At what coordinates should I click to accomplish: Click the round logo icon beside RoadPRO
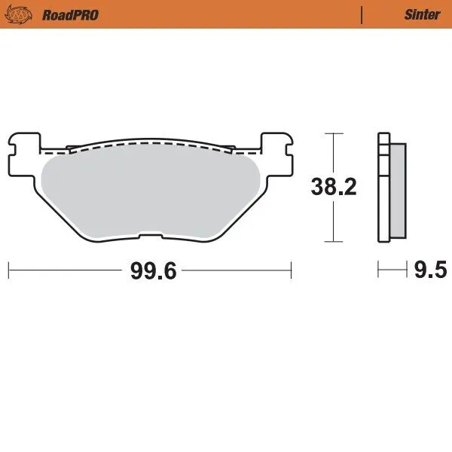pos(24,14)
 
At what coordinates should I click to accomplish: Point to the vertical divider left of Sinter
pos(362,14)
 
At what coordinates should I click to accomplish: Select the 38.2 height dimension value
pos(333,188)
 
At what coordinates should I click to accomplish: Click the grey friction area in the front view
pos(151,192)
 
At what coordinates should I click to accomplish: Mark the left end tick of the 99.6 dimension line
pos(8,269)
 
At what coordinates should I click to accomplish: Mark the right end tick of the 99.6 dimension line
pos(291,269)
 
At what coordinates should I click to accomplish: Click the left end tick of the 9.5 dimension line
pos(378,269)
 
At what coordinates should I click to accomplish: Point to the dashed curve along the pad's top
pos(151,145)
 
